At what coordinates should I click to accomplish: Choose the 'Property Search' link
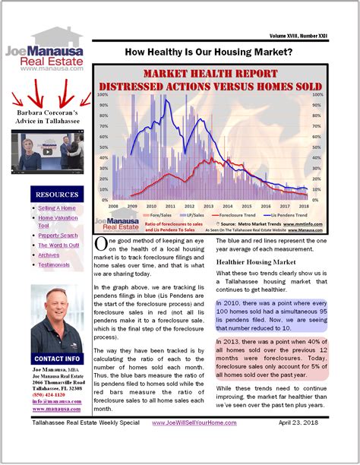[x=58, y=236]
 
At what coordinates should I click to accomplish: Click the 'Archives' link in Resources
[x=49, y=255]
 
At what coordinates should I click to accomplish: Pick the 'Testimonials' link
[x=54, y=264]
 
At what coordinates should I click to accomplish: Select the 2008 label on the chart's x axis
[x=112, y=205]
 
